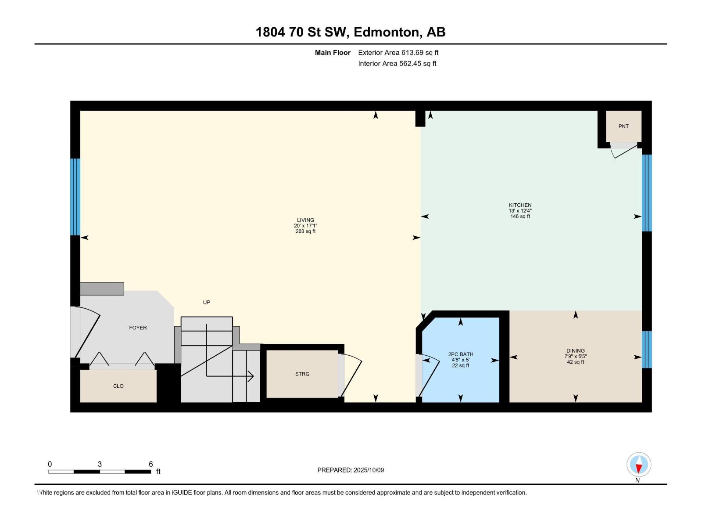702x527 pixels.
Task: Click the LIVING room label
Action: click(305, 220)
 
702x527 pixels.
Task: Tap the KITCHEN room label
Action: click(520, 205)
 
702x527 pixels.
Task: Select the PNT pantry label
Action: click(623, 126)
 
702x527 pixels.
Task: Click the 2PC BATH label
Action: click(461, 354)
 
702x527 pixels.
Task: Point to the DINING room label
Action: click(575, 351)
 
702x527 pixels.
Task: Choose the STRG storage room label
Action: click(302, 374)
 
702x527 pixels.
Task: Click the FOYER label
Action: click(138, 328)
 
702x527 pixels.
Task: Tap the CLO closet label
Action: click(118, 386)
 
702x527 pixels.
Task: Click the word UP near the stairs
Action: click(207, 302)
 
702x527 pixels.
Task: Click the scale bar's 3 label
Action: click(100, 464)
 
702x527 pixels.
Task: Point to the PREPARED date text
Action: click(351, 470)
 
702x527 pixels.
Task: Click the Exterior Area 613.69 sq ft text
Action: click(398, 53)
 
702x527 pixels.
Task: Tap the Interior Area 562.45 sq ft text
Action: click(397, 64)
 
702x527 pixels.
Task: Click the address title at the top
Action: click(351, 32)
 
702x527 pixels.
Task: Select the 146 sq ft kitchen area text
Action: click(520, 217)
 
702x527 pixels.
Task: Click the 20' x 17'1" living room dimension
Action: click(305, 226)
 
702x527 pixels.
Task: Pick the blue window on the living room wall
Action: click(75, 197)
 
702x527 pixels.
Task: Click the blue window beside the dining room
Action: click(647, 350)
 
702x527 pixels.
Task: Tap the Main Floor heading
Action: click(333, 53)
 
